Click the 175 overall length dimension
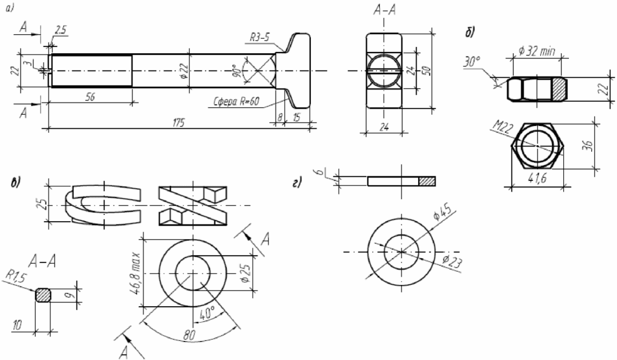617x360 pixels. pyautogui.click(x=179, y=123)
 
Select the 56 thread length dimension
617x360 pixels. pyautogui.click(x=90, y=97)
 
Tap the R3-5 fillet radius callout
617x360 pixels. pyautogui.click(x=260, y=38)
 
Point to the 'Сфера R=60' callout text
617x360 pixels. pyautogui.click(x=236, y=101)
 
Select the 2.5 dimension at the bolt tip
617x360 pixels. pyautogui.click(x=60, y=30)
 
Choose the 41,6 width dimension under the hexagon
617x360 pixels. pyautogui.click(x=537, y=179)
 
